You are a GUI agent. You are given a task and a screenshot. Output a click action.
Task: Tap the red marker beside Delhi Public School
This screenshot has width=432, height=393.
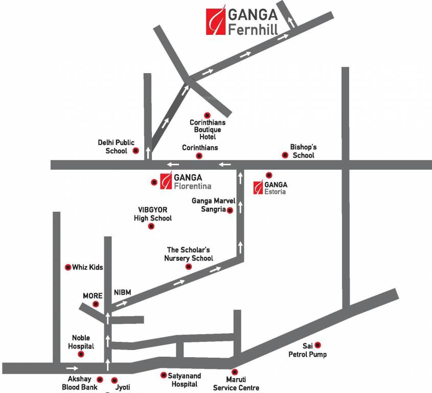(135, 150)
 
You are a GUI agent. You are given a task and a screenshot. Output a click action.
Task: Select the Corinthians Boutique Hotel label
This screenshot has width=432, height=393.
(207, 129)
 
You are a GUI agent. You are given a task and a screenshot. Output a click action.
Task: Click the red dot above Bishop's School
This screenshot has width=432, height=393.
(285, 155)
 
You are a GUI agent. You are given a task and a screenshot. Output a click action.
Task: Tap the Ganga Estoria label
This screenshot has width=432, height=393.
(276, 188)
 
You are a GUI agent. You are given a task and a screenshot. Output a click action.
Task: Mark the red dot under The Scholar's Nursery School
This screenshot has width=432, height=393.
(188, 267)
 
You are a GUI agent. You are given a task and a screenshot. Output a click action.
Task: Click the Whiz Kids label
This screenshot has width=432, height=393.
(87, 267)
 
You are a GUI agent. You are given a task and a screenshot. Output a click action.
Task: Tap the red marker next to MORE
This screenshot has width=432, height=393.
(96, 304)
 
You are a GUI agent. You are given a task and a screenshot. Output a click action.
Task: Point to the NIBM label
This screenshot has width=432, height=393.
(123, 292)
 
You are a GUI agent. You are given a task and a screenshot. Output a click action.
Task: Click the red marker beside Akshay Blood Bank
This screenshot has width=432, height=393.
(100, 380)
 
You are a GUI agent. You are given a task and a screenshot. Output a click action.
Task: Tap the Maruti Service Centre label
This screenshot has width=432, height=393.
(236, 383)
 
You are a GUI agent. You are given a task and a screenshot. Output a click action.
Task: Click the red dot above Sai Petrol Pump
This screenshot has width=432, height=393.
(317, 345)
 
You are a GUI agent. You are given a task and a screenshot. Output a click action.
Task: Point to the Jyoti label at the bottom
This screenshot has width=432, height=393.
(123, 388)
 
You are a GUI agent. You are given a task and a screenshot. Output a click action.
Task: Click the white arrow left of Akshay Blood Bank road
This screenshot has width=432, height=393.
(72, 368)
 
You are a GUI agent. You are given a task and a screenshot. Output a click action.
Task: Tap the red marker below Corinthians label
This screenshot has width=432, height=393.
(199, 156)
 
